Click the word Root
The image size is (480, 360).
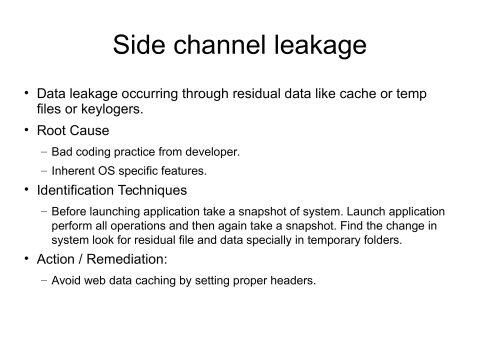(56, 130)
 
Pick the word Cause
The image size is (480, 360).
(94, 130)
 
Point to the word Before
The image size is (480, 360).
(72, 211)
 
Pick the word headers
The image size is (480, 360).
(291, 281)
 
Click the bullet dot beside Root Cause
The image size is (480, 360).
(27, 130)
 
